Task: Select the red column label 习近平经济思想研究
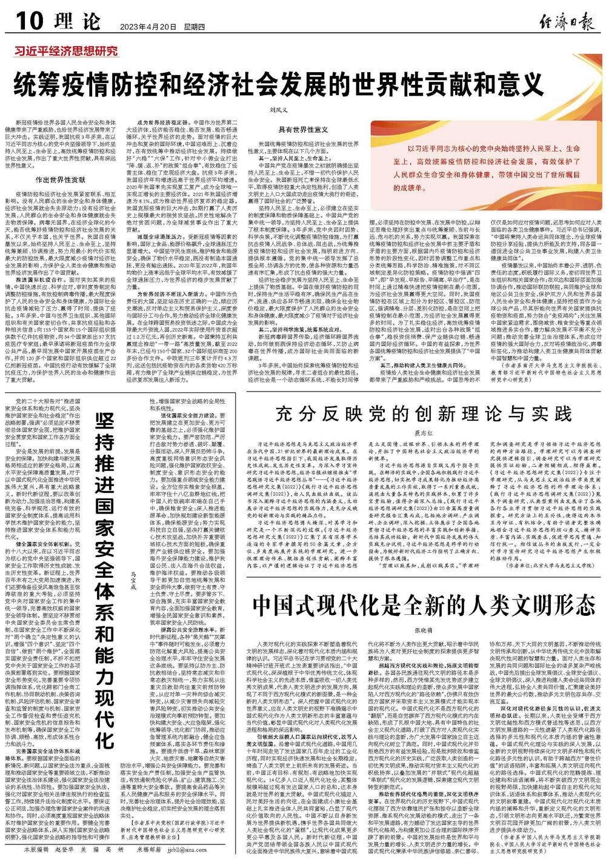tap(67, 52)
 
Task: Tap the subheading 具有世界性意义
tap(302, 130)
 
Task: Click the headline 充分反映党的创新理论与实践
tap(424, 414)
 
